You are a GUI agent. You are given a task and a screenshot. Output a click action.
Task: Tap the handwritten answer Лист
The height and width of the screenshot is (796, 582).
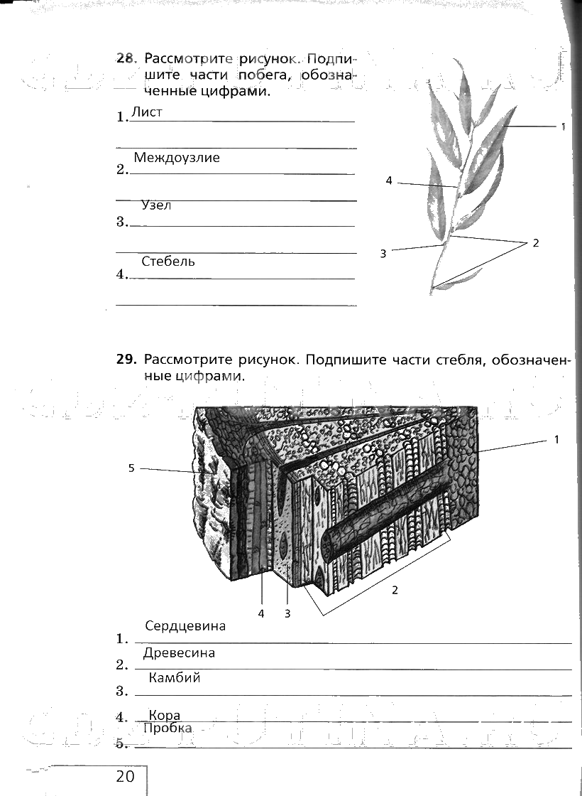(147, 112)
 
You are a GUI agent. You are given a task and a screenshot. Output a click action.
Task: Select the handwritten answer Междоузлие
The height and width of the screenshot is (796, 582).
(177, 158)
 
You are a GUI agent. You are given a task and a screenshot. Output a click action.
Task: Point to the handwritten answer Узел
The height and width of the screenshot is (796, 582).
(156, 205)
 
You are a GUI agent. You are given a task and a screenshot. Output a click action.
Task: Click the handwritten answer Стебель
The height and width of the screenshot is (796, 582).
(168, 262)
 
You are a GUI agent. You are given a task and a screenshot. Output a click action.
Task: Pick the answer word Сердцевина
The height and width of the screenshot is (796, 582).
(185, 626)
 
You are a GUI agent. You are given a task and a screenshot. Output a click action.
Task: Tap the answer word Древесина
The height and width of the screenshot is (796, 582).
(179, 653)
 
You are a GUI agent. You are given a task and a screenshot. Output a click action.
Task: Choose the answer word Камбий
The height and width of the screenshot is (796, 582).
(175, 678)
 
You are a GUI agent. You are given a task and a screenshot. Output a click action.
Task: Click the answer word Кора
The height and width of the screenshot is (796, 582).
(165, 716)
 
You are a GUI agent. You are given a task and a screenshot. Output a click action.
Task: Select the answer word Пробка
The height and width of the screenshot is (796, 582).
(168, 728)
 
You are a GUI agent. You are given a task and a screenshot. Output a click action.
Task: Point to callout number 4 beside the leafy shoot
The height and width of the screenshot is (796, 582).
(389, 181)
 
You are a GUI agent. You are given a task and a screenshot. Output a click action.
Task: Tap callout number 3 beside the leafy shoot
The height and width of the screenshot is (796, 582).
(383, 253)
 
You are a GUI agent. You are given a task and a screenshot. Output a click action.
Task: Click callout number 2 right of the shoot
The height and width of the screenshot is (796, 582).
(536, 243)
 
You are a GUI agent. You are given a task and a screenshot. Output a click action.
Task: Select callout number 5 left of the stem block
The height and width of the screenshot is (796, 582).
(131, 468)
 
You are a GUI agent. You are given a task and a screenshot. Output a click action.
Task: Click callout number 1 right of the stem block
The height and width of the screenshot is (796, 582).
(557, 440)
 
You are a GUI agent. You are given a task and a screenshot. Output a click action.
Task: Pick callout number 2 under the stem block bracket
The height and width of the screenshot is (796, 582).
(395, 590)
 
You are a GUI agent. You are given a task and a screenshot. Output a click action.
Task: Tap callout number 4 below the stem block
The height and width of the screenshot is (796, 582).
(261, 613)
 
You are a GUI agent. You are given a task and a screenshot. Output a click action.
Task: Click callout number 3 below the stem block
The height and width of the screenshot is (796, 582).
(287, 613)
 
